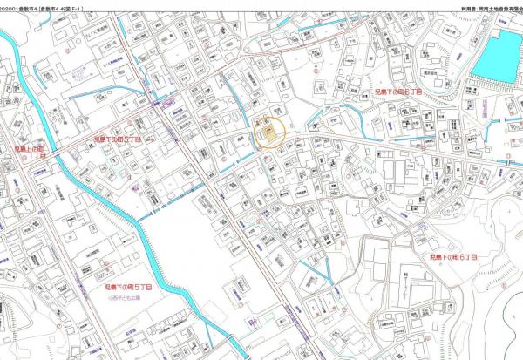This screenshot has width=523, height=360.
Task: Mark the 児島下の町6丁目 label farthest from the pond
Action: pyautogui.click(x=453, y=258)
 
